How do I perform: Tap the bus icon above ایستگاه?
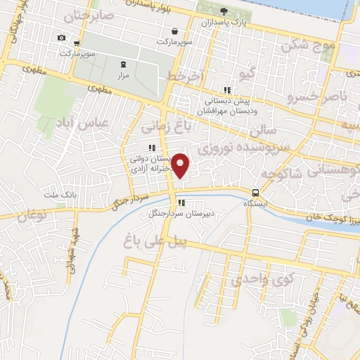tap(255, 192)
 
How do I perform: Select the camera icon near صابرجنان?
tap(61, 37)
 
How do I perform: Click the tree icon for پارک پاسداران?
tap(224, 11)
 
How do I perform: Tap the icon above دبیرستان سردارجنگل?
tap(181, 204)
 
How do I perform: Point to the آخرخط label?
tap(185, 75)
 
